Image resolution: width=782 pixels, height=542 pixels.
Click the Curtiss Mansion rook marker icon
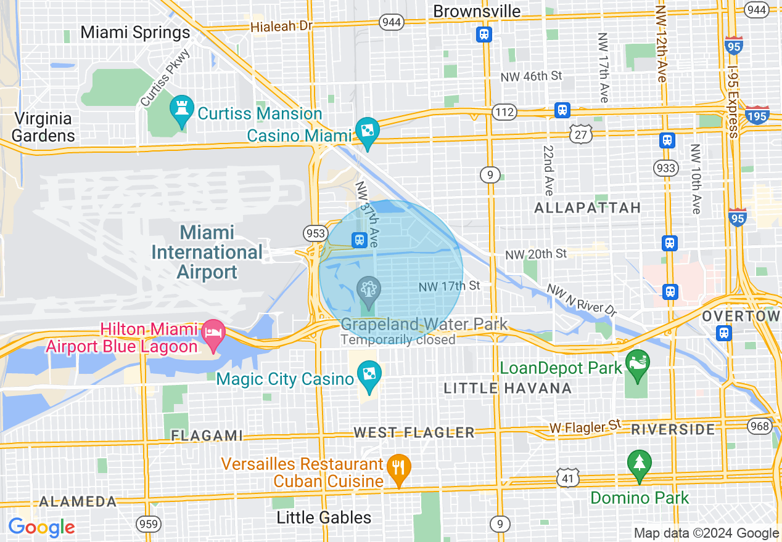pyautogui.click(x=181, y=111)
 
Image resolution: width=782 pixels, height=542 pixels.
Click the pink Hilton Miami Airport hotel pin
pyautogui.click(x=213, y=333)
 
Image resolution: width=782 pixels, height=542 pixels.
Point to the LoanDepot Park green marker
pyautogui.click(x=637, y=363)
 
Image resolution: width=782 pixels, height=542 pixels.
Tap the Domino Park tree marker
pyautogui.click(x=639, y=464)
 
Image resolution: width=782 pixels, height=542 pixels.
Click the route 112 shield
pyautogui.click(x=504, y=112)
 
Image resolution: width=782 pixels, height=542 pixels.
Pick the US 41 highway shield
pyautogui.click(x=567, y=477)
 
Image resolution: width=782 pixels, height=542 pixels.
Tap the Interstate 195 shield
pyautogui.click(x=757, y=116)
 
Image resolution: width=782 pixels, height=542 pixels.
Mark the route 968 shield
pyautogui.click(x=759, y=426)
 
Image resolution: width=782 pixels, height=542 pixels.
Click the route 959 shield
pyautogui.click(x=149, y=524)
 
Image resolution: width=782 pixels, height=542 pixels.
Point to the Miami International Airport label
pyautogui.click(x=207, y=252)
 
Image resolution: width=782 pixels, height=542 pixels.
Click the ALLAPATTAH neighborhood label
pyautogui.click(x=588, y=208)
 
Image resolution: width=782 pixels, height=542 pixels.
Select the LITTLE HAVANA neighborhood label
pyautogui.click(x=508, y=388)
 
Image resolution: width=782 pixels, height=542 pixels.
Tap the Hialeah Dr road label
pyautogui.click(x=282, y=26)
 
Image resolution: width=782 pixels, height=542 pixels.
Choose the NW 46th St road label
pyautogui.click(x=531, y=76)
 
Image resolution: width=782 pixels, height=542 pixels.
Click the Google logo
pyautogui.click(x=41, y=527)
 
